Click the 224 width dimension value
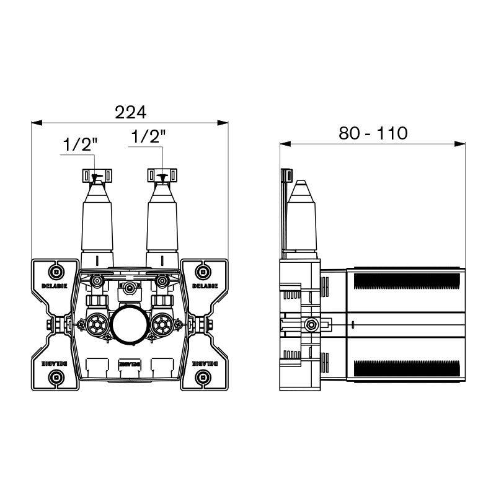[130, 112]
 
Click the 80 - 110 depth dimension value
[373, 133]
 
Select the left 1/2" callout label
[80, 144]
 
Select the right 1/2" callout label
[148, 136]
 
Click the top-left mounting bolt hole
[56, 272]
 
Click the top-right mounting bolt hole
[203, 272]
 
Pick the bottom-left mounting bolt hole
[56, 377]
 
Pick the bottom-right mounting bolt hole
[203, 377]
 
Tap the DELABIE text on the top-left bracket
[55, 286]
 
